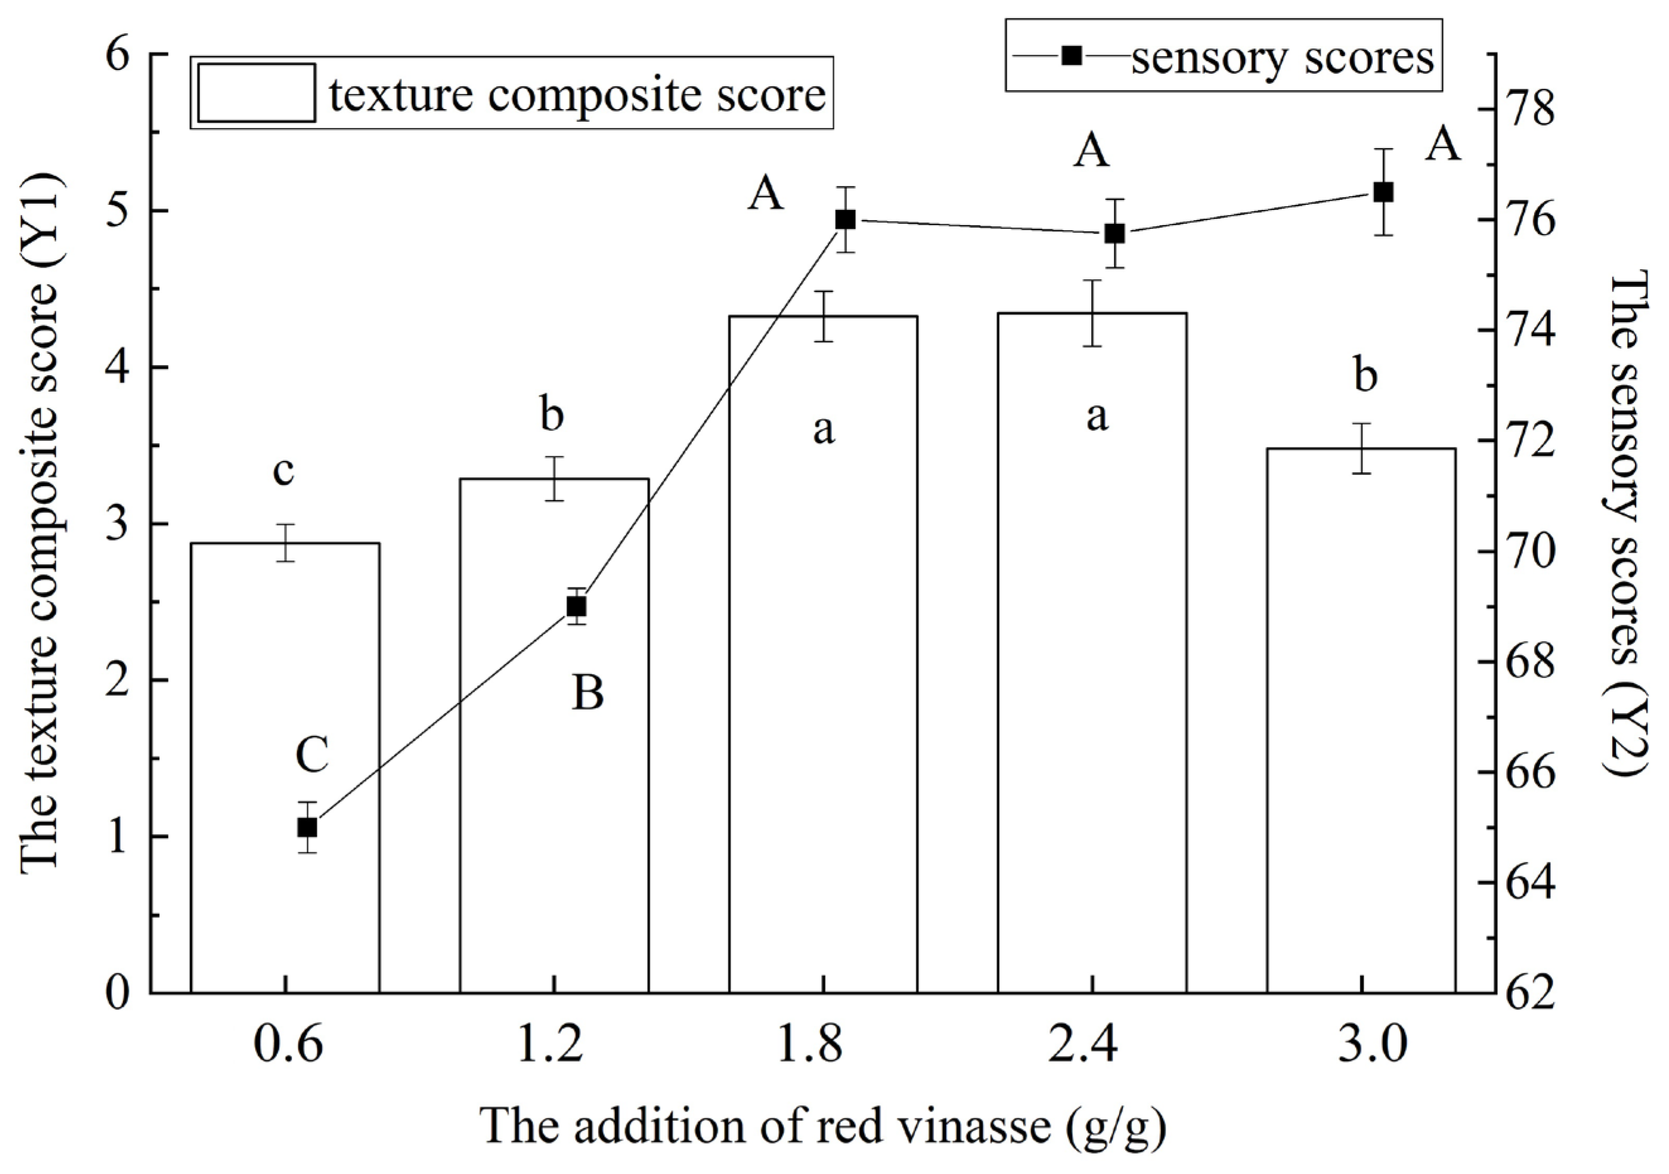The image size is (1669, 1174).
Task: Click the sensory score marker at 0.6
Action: point(307,827)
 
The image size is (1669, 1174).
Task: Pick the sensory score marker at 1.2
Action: point(577,606)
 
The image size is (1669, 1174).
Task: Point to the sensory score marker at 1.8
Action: point(845,219)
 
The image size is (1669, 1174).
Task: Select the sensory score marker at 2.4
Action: point(1115,233)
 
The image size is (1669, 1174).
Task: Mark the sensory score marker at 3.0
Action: point(1383,192)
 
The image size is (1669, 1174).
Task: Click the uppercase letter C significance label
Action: point(313,755)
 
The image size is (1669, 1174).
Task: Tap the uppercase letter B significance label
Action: point(587,693)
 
